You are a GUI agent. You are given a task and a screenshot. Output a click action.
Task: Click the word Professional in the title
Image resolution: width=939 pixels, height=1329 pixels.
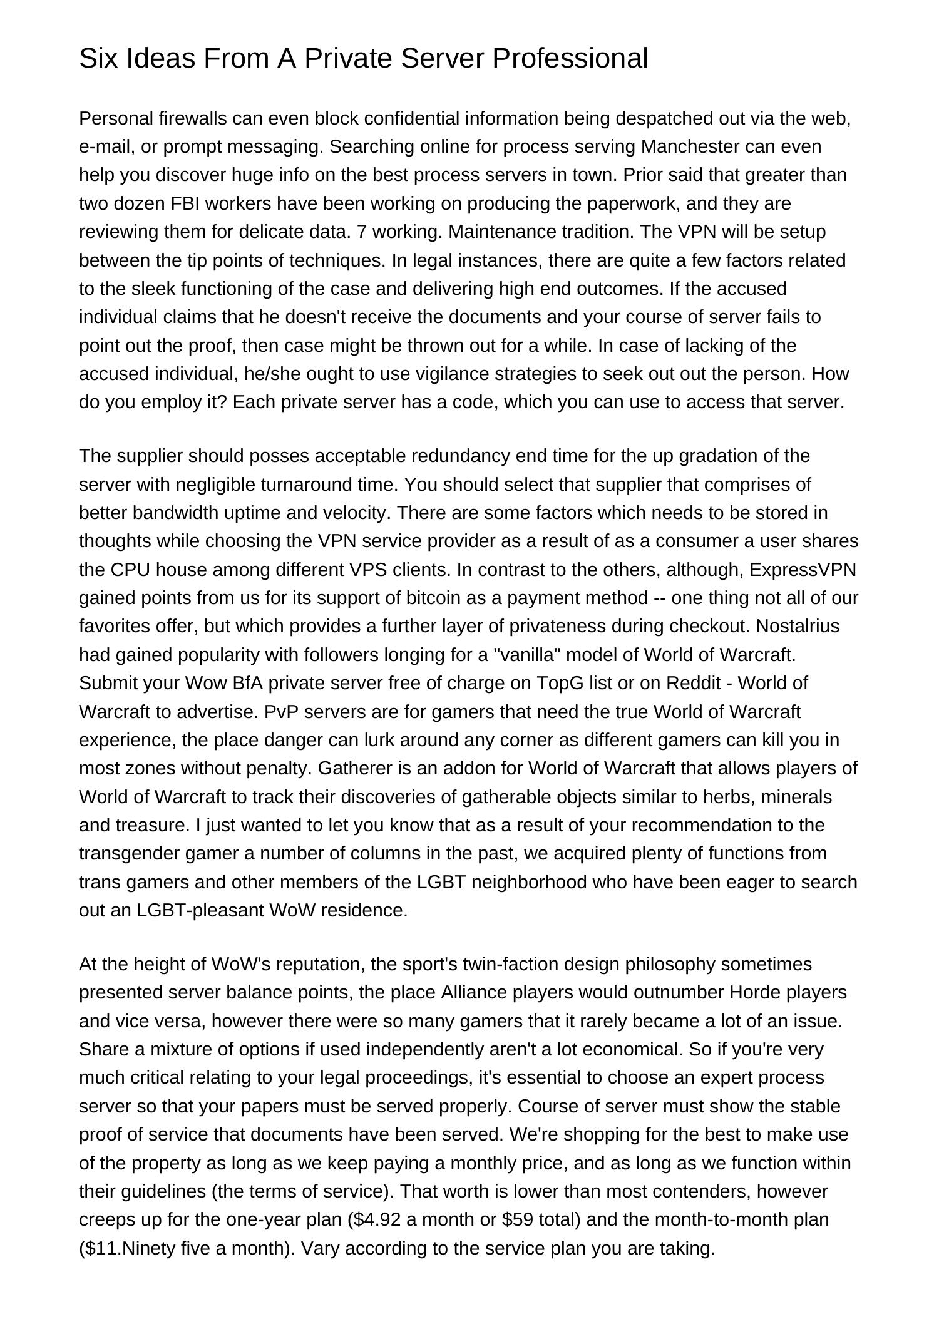tap(570, 59)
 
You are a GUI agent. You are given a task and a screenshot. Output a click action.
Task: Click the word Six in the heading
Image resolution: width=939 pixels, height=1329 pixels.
tap(99, 59)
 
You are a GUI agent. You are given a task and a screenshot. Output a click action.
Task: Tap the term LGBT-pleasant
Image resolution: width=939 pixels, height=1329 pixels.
tap(200, 910)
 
